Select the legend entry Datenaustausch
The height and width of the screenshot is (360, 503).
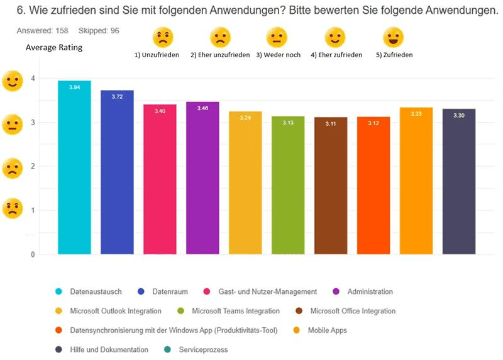[96, 291]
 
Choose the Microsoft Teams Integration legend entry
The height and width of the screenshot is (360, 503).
[235, 311]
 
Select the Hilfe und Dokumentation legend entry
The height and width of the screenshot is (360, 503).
[109, 349]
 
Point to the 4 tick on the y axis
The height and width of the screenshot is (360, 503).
[32, 79]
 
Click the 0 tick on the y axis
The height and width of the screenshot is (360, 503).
[32, 254]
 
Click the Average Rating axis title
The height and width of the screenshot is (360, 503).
[53, 48]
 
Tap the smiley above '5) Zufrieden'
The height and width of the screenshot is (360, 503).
[393, 38]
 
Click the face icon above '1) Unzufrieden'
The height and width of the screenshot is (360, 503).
[162, 38]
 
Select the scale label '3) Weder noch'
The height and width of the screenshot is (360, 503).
[277, 55]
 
